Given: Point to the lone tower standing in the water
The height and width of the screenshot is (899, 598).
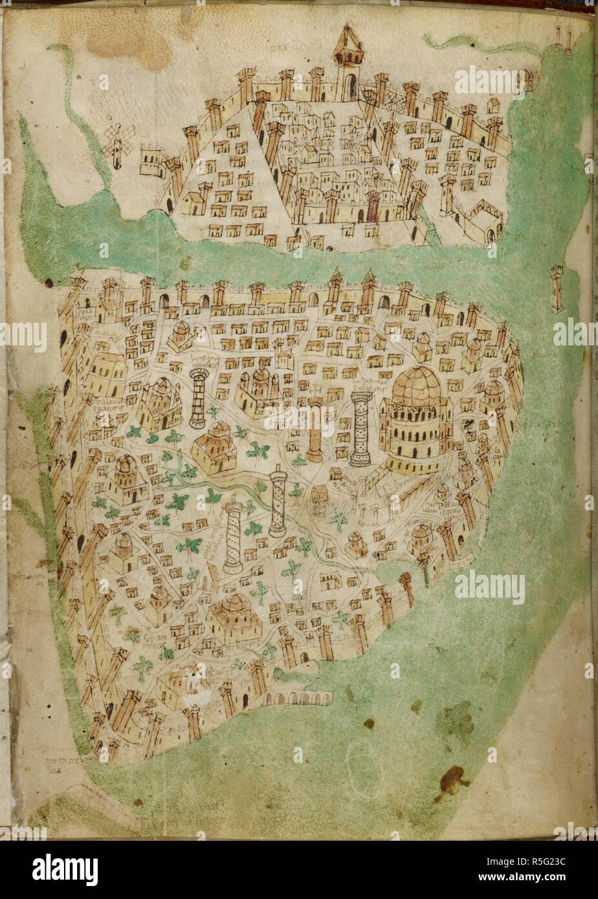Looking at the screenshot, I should [557, 288].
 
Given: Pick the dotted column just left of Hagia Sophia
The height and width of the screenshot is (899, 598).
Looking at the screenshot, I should [360, 427].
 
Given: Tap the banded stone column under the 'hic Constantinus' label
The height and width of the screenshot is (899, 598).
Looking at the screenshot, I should [198, 398].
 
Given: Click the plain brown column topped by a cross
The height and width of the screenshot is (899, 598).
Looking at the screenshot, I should [315, 430].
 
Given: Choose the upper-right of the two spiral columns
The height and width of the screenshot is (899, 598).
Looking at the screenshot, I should [278, 501].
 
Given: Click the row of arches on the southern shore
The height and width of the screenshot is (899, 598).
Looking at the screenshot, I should [298, 698].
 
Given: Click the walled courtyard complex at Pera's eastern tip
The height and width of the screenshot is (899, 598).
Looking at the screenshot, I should [482, 220].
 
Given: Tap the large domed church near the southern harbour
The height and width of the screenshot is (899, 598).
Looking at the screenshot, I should [233, 618].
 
